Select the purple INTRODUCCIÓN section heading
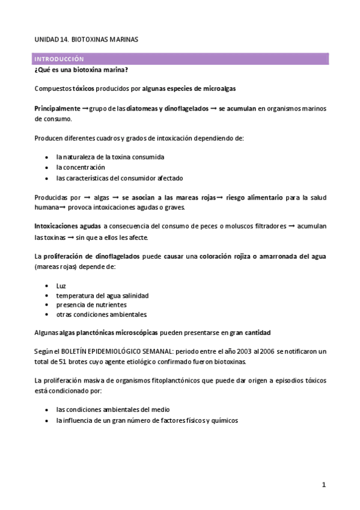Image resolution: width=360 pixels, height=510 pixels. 59,59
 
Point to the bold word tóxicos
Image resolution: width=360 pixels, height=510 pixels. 83,88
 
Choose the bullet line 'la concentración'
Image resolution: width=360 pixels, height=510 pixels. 81,167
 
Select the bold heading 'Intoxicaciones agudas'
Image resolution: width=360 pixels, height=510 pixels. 67,226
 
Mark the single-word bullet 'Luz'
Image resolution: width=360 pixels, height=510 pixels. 61,285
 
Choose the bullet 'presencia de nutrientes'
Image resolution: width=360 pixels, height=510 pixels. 91,305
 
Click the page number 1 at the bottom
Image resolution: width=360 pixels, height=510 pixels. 323,485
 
